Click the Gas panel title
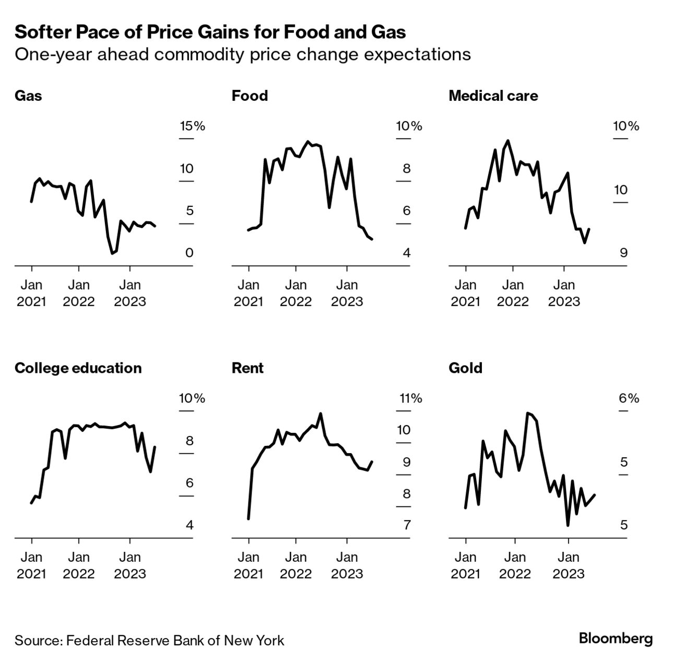[28, 96]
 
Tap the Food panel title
[250, 96]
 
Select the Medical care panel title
[493, 96]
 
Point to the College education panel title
[78, 368]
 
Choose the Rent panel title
[247, 368]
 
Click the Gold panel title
[465, 368]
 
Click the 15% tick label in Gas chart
[192, 126]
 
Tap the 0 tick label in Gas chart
[189, 253]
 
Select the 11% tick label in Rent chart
[410, 398]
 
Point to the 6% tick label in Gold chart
[629, 398]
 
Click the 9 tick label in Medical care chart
[623, 253]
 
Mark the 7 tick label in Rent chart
[407, 525]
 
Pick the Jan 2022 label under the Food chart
[296, 293]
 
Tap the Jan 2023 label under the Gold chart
[568, 565]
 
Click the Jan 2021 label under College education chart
[31, 565]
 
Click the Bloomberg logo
[616, 639]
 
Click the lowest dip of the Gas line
[112, 253]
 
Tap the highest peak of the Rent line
[321, 413]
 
